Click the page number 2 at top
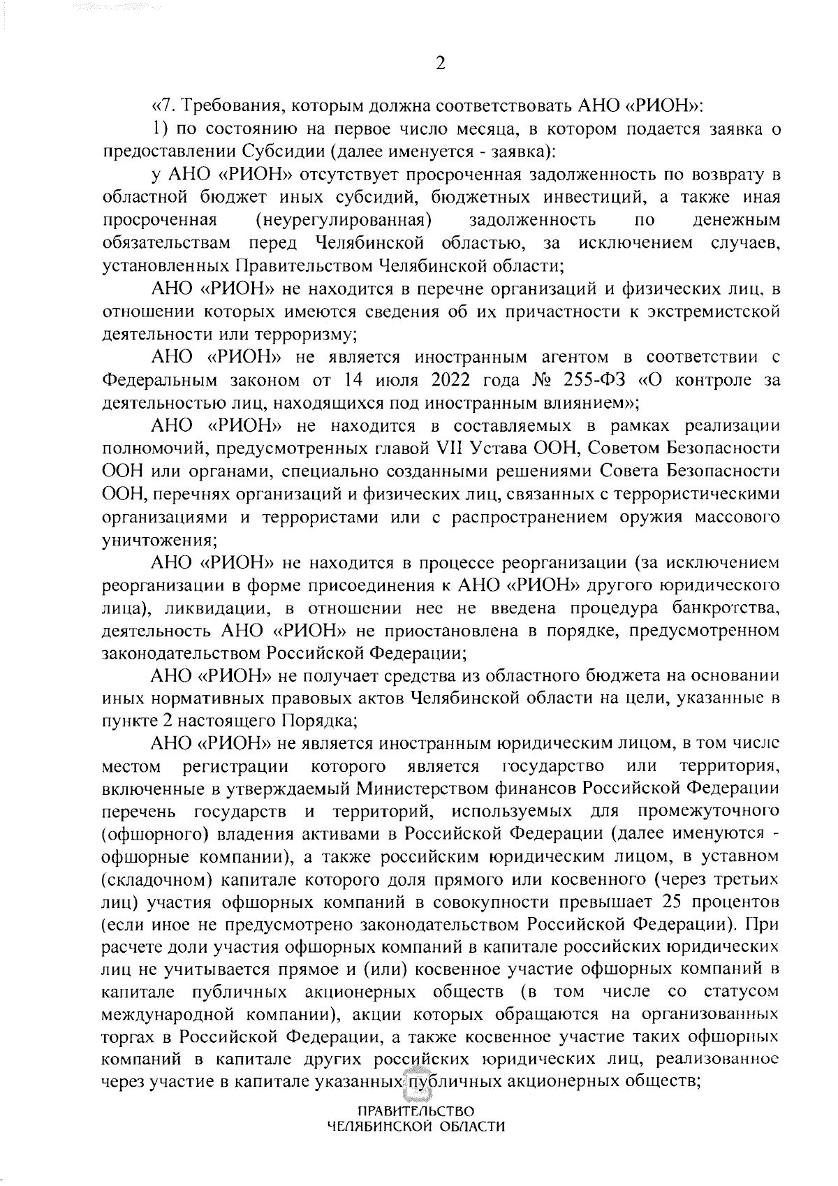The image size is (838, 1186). (440, 64)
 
